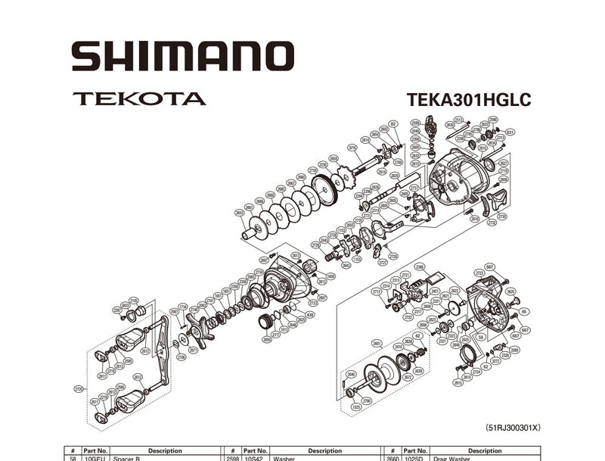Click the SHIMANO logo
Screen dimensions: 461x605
(x=182, y=58)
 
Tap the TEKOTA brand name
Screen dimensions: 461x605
(x=139, y=98)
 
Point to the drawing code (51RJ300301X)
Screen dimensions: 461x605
(x=513, y=428)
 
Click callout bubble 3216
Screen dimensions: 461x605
(x=352, y=148)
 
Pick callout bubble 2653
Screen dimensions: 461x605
(x=240, y=213)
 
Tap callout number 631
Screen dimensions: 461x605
(x=510, y=132)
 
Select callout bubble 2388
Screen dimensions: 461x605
(x=420, y=266)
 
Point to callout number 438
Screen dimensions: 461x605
(x=310, y=314)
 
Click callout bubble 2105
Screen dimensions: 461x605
(x=133, y=300)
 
